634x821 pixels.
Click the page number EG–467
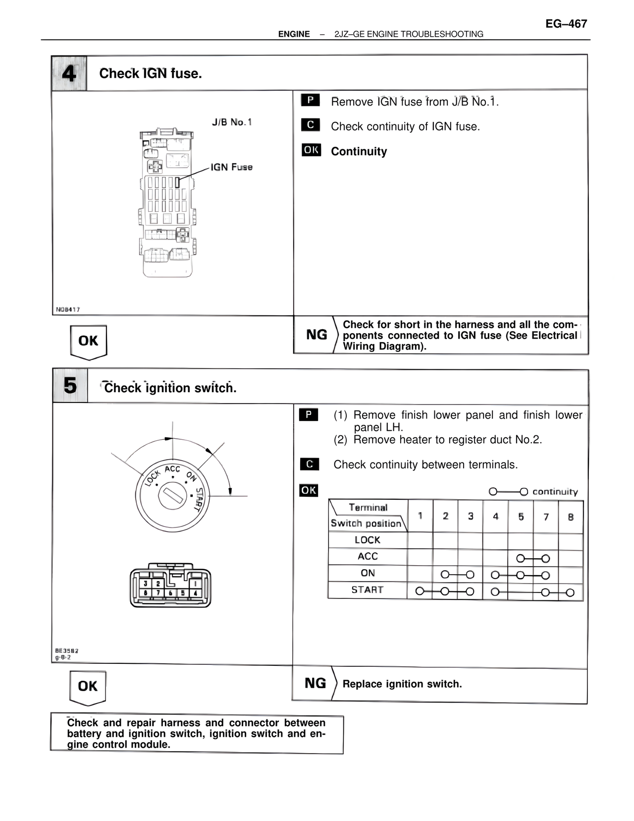[566, 24]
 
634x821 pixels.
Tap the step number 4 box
[69, 73]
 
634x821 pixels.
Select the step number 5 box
[70, 386]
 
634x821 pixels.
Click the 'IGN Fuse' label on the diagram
[231, 167]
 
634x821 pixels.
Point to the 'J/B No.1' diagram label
[232, 122]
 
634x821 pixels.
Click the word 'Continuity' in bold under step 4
[359, 151]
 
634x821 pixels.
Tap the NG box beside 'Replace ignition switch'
[315, 683]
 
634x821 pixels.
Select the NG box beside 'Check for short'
[317, 335]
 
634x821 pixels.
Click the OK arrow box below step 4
[88, 341]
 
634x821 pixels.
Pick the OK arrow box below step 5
[88, 686]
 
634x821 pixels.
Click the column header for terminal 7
[546, 517]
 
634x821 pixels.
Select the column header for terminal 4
[495, 517]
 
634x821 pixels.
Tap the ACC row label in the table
[368, 556]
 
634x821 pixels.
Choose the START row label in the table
[368, 589]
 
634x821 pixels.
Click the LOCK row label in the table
[368, 540]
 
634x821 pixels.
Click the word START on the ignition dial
[199, 499]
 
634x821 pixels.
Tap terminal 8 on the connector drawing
[146, 592]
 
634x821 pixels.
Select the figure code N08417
[68, 309]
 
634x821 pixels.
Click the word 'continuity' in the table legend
[555, 492]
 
